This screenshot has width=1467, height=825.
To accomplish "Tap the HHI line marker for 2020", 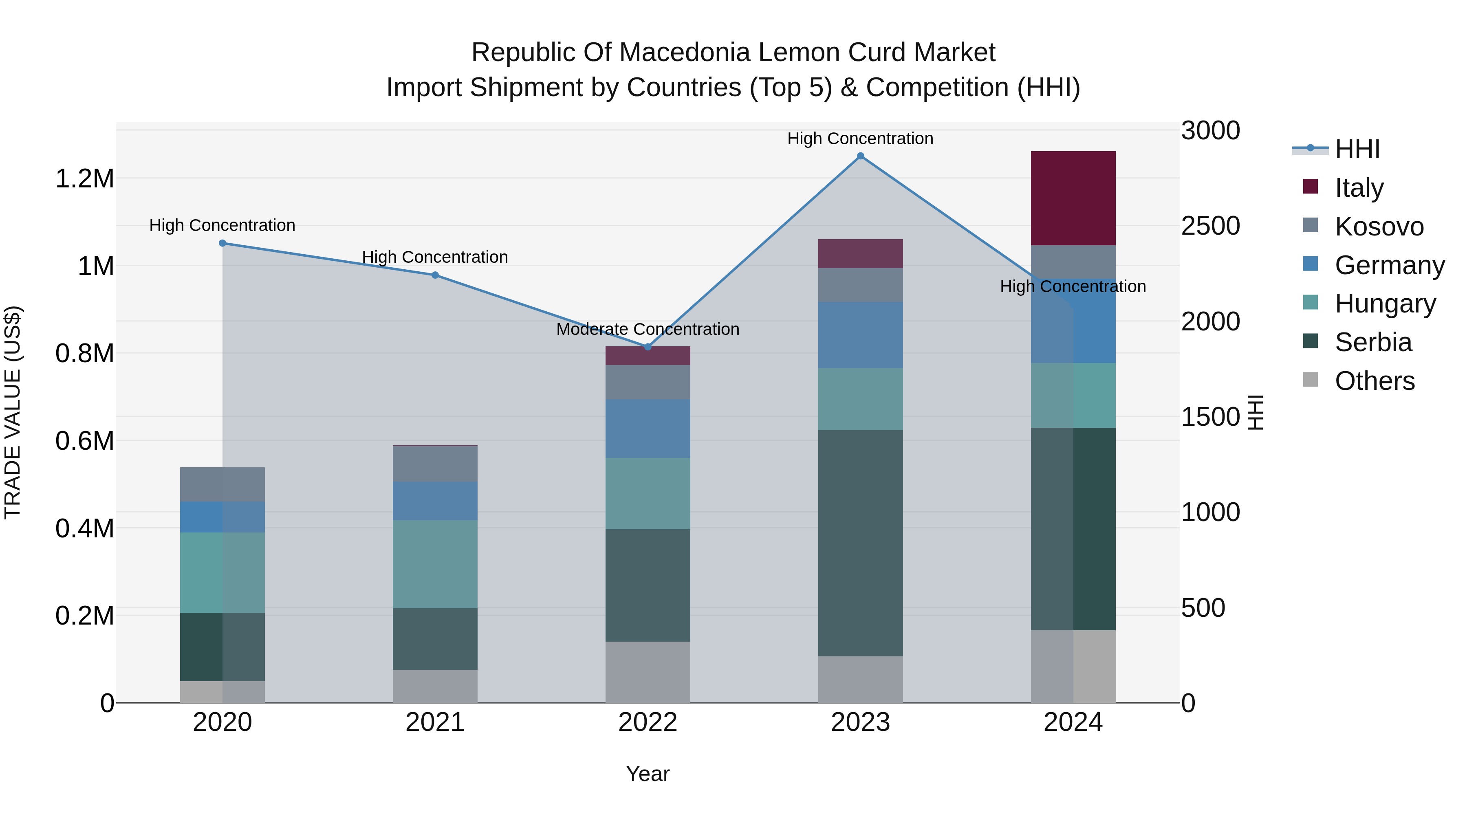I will [x=222, y=243].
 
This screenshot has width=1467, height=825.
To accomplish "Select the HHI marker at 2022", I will [x=648, y=347].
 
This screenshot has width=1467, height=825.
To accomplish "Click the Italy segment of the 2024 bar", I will [x=1073, y=198].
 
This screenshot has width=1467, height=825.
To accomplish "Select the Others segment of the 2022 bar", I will [x=648, y=672].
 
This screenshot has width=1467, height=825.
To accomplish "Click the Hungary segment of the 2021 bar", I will [x=435, y=564].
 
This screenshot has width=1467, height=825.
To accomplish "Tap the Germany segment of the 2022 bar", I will [x=648, y=428].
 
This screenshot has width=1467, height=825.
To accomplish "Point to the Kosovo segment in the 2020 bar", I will [x=222, y=484].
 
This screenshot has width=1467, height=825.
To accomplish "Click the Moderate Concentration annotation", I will [x=648, y=329].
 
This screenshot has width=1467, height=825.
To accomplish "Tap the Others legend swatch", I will [x=1311, y=380].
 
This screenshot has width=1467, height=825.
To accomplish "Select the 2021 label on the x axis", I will [x=435, y=722].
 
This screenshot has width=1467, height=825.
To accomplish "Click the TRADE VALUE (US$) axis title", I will [x=13, y=412].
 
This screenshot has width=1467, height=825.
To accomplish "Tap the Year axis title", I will [x=648, y=774].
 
